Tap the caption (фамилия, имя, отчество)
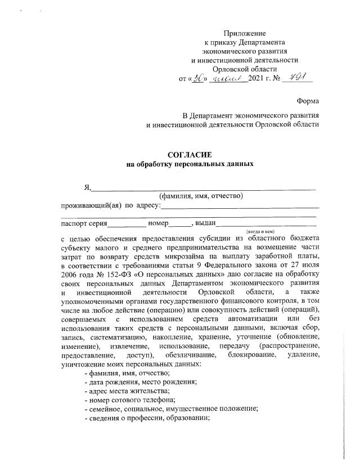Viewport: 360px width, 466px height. (201, 196)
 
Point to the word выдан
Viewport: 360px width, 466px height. (207, 223)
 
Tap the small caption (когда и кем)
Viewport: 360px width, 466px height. (259, 231)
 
